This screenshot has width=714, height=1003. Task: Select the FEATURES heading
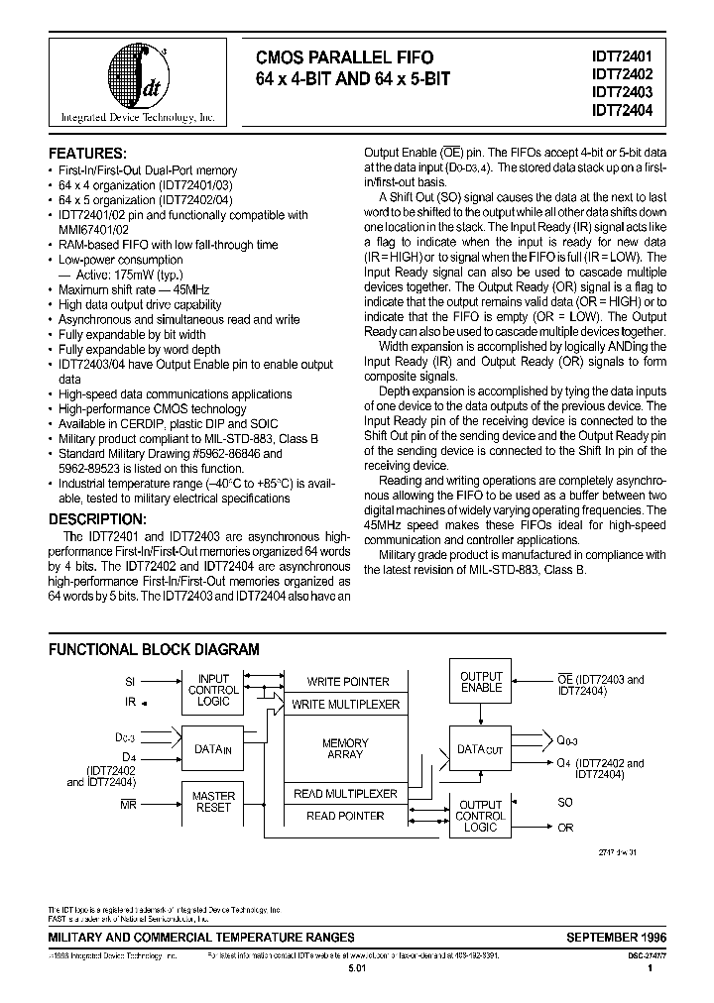point(88,154)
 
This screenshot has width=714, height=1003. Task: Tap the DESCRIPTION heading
point(98,519)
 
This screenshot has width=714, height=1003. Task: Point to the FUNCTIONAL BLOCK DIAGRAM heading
point(155,650)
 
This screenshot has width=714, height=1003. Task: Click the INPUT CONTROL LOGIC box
point(213,690)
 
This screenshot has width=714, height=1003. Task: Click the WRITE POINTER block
point(347,682)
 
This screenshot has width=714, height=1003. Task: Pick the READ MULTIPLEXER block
point(345,794)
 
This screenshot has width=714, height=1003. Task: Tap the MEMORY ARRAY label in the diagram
point(345,748)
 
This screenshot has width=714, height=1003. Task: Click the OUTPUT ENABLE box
point(481,682)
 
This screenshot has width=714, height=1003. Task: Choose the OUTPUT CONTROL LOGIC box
point(481,816)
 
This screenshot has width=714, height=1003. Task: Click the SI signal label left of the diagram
point(130,682)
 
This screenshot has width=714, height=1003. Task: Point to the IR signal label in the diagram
point(130,702)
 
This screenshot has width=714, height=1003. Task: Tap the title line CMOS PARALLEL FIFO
point(345,57)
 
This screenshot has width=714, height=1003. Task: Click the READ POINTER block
point(345,816)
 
